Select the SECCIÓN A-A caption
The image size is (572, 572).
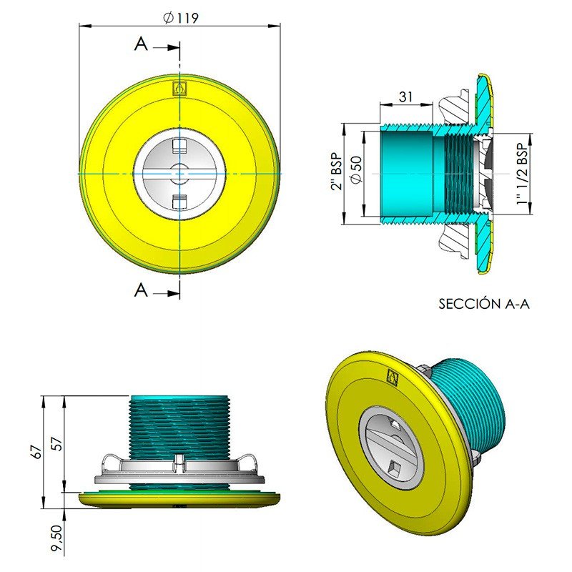[x=483, y=304]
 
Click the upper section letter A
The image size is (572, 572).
[x=142, y=44]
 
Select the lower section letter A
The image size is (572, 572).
[x=142, y=290]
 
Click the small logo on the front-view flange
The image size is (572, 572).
[x=179, y=89]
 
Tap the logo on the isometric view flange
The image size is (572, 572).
[x=390, y=375]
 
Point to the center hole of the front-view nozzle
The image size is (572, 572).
[x=179, y=172]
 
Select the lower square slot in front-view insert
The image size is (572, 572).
[x=179, y=199]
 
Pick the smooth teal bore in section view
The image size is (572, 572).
[x=408, y=172]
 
